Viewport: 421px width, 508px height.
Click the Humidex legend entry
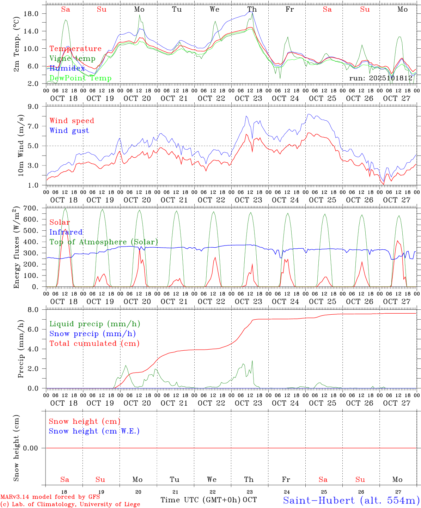tap(67, 68)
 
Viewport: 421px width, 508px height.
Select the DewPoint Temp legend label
tap(80, 78)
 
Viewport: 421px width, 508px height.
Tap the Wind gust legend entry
tap(69, 131)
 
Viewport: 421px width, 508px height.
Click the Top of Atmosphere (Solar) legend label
tap(103, 242)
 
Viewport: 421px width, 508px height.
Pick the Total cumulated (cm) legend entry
tap(94, 344)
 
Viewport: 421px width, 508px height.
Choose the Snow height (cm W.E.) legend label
tap(94, 431)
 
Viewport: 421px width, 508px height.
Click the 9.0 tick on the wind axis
tap(36, 107)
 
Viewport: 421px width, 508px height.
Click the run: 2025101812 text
tap(380, 78)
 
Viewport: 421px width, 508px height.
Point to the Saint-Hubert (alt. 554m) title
tap(351, 500)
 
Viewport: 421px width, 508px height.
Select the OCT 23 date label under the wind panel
tap(249, 200)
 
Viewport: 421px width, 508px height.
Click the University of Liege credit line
tap(71, 504)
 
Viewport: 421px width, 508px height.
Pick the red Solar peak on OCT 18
tap(65, 229)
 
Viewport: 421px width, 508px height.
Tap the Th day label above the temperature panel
tap(252, 10)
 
